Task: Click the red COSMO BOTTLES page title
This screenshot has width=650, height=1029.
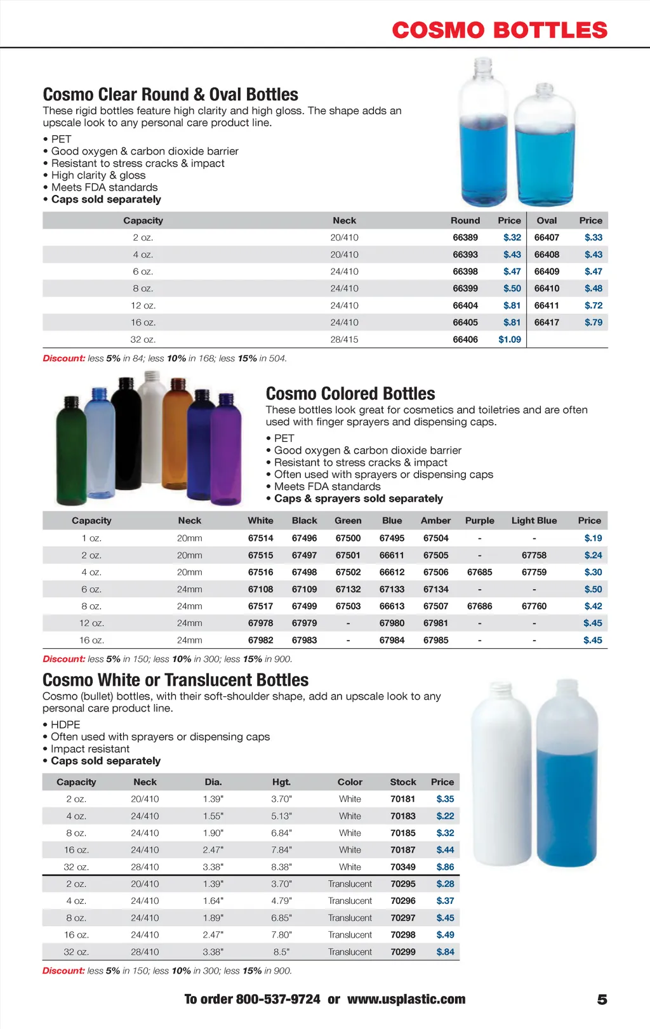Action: [x=500, y=30]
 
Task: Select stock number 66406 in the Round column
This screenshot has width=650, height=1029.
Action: [x=465, y=340]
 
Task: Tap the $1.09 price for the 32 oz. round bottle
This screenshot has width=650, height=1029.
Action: [x=510, y=340]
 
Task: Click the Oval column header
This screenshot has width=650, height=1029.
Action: [x=547, y=220]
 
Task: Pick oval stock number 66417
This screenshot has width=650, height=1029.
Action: [x=547, y=322]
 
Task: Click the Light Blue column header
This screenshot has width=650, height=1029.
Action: [x=534, y=521]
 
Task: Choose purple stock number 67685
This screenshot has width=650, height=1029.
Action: [x=479, y=572]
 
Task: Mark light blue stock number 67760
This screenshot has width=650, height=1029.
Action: [x=534, y=606]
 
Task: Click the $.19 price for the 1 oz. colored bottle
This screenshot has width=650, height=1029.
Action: [x=593, y=538]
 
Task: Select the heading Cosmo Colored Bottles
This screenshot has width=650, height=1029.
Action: [x=350, y=394]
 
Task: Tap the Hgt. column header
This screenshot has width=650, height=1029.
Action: [x=281, y=782]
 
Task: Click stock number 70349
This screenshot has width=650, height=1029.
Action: [x=403, y=867]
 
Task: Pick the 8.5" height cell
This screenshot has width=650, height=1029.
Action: [x=281, y=952]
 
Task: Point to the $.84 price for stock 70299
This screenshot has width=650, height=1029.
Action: [x=445, y=952]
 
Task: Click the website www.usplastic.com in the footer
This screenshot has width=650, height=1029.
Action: [x=406, y=999]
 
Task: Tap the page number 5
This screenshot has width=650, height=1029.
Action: [x=602, y=1000]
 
